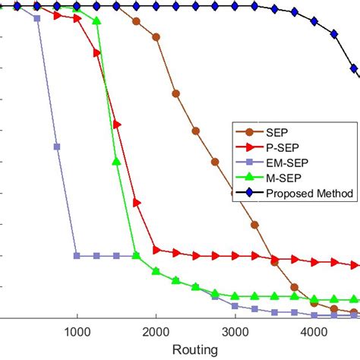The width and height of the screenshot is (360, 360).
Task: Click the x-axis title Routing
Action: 195,349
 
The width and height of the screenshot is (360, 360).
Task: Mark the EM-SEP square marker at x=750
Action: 57,147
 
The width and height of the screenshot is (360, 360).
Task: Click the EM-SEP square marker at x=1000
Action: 77,256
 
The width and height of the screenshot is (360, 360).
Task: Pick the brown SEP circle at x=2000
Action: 156,36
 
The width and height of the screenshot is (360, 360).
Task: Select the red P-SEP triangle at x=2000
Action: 156,249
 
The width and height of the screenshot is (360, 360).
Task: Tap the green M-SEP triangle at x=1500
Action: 116,161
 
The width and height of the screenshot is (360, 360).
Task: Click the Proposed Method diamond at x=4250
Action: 334,34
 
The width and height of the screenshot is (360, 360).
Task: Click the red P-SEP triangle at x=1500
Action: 116,124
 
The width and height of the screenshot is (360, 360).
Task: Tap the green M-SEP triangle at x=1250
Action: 96,21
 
